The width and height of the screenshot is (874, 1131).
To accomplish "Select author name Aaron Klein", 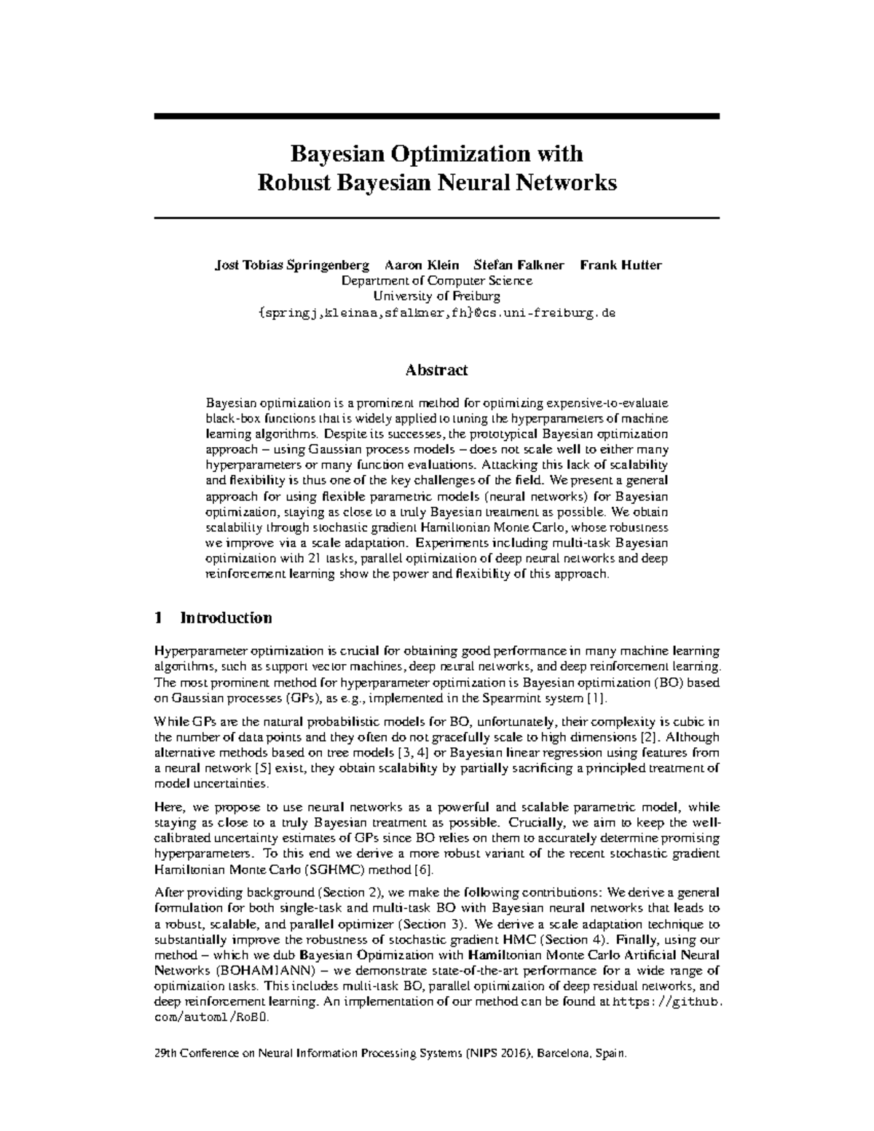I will [422, 265].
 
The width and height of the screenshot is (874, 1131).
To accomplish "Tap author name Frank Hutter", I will [621, 265].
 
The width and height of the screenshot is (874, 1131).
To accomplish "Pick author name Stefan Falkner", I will [519, 265].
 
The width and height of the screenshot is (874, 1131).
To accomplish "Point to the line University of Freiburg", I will [437, 296].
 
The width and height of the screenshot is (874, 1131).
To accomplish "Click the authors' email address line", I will [437, 312].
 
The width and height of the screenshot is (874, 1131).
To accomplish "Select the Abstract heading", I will [436, 370].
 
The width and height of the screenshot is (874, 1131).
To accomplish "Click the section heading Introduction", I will [226, 618].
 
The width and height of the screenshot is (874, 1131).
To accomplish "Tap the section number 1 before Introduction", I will [159, 618].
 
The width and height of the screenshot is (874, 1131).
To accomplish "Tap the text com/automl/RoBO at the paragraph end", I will [212, 1018].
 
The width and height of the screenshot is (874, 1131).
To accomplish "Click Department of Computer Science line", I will [437, 281].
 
